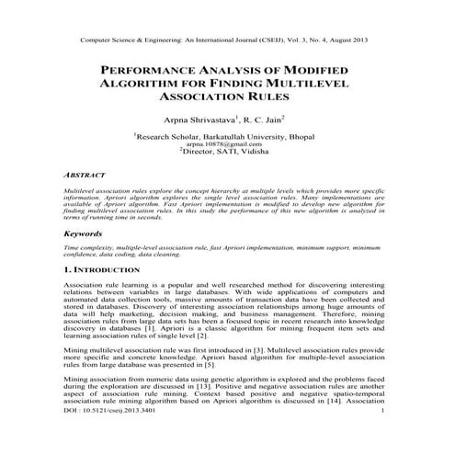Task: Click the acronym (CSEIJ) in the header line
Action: [269, 41]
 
